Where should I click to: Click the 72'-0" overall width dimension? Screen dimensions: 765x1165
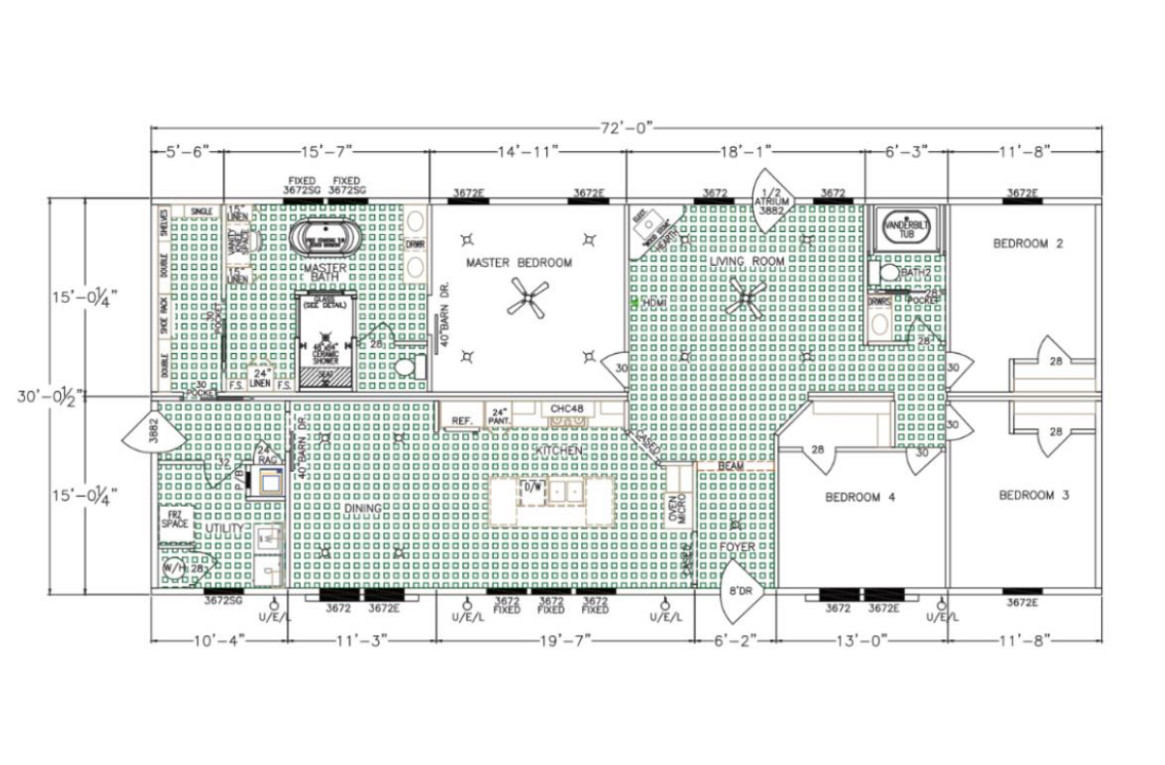tap(626, 126)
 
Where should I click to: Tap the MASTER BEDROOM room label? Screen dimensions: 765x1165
tap(518, 262)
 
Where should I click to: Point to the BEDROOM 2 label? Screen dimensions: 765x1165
tap(1028, 244)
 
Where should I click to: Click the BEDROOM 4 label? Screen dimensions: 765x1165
tap(859, 497)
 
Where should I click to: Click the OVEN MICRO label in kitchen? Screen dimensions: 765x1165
tap(681, 509)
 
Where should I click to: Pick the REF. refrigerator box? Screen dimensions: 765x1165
tap(461, 421)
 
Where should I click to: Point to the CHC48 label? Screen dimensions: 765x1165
tap(566, 408)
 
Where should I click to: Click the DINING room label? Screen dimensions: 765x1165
tap(364, 508)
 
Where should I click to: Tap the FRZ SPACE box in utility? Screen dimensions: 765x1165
tap(175, 520)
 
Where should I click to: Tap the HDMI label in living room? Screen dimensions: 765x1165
tap(654, 303)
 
